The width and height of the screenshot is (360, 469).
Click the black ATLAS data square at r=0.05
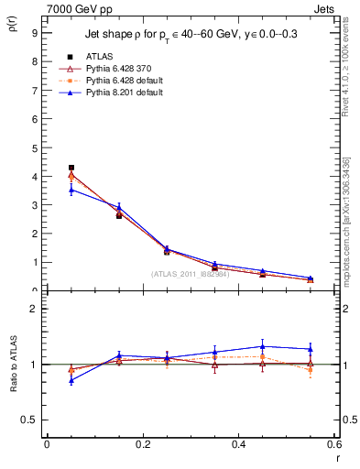[x=71, y=168]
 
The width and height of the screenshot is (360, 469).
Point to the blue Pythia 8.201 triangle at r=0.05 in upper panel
[x=71, y=190]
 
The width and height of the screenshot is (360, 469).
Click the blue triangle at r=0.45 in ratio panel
[x=262, y=346]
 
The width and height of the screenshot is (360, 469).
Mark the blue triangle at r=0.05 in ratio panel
[x=71, y=379]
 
